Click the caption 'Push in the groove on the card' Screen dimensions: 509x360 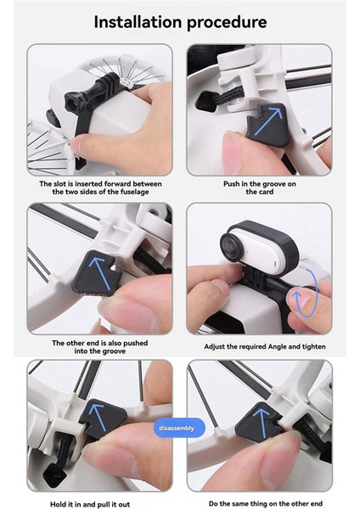[x=259, y=187]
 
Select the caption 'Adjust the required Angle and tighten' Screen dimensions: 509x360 [x=259, y=347]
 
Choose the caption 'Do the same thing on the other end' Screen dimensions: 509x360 [x=260, y=503]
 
